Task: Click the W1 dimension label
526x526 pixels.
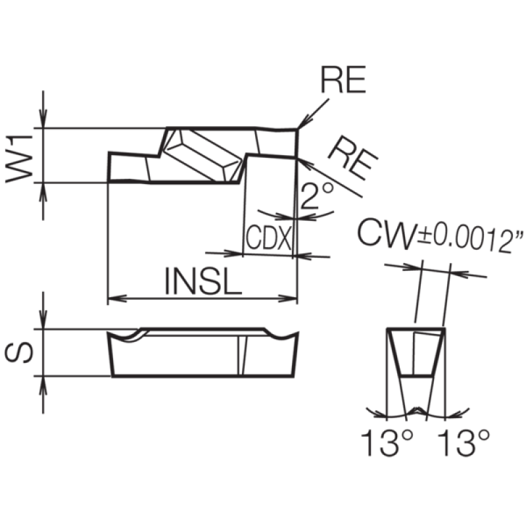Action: (x=19, y=158)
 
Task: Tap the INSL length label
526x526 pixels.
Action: (x=203, y=281)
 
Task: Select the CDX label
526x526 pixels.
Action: (x=268, y=237)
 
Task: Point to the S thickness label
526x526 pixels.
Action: (x=19, y=353)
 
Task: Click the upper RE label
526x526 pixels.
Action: (x=343, y=79)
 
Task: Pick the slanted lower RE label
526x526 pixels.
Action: (x=353, y=158)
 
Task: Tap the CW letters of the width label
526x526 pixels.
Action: (x=386, y=233)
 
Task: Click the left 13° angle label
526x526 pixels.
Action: (x=387, y=442)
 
